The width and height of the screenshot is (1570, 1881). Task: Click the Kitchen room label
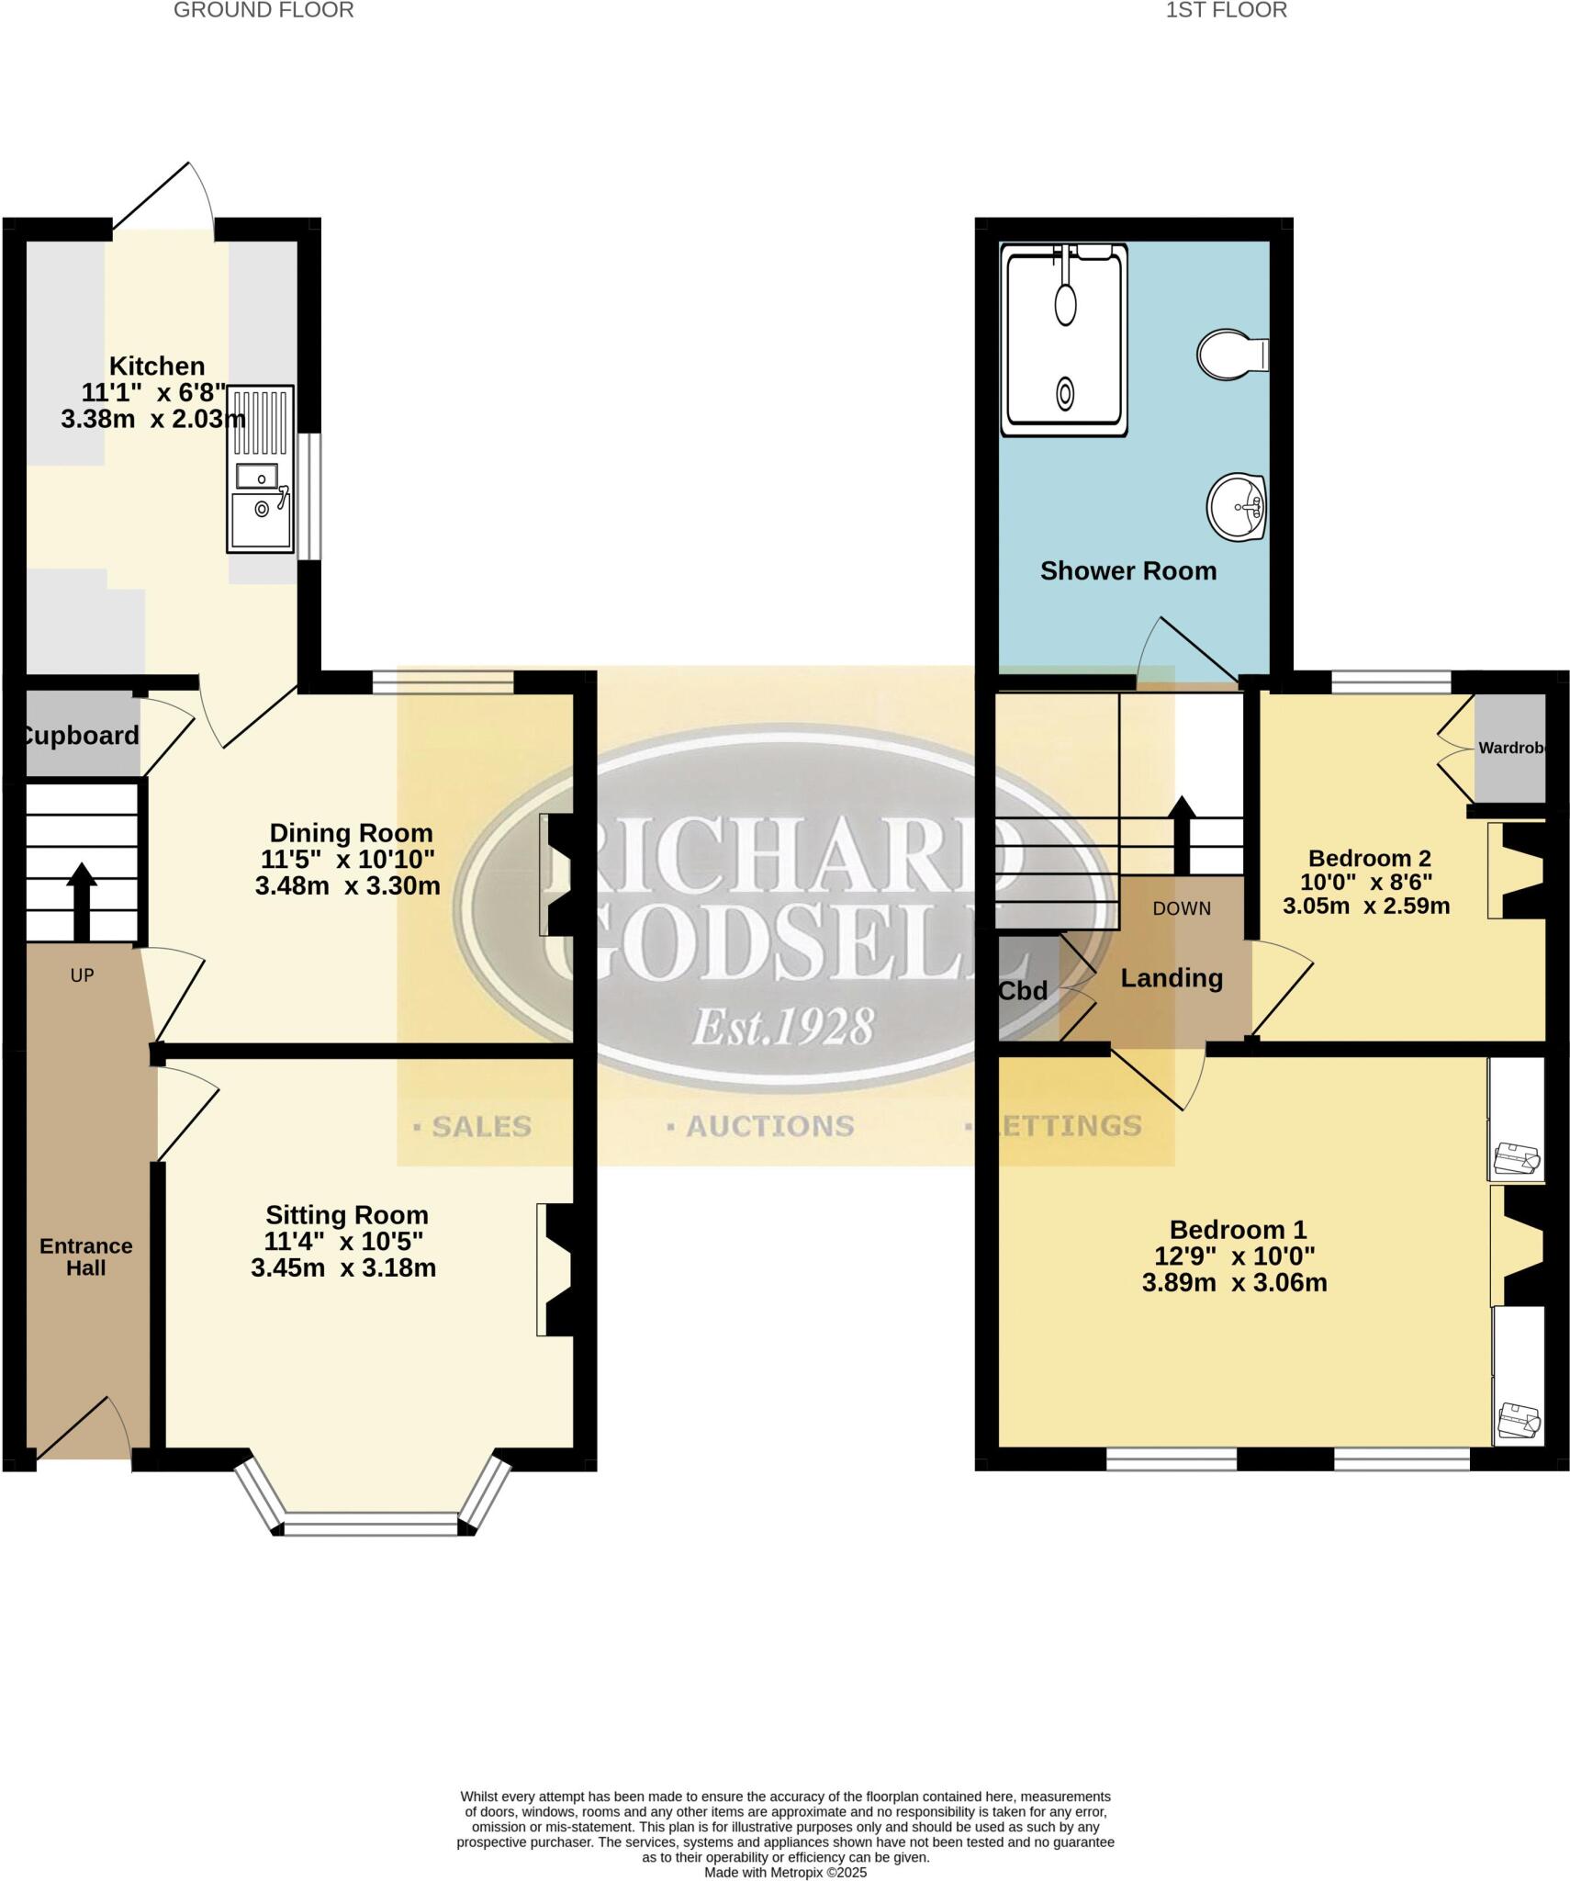157,366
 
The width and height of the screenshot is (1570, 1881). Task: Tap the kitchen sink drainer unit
261,469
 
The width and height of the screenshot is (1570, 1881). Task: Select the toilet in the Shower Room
1232,354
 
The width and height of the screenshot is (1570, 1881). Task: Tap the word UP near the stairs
82,975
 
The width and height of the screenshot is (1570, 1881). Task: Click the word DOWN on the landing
1182,908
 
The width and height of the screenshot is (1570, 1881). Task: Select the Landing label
1172,978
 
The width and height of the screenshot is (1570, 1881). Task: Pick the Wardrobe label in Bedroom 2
1512,749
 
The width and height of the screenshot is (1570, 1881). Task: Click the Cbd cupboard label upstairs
1023,991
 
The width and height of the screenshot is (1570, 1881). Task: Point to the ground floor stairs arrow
81,887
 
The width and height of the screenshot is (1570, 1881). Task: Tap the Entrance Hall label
86,1256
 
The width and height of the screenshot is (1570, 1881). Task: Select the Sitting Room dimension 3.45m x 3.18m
343,1268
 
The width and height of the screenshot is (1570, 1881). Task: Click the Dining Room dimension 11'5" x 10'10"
350,860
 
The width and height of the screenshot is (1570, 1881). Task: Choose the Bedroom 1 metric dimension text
1234,1283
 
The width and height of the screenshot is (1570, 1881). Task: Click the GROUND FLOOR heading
264,10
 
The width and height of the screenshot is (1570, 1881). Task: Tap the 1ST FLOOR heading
1226,10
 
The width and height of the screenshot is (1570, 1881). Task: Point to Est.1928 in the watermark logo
781,1026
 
